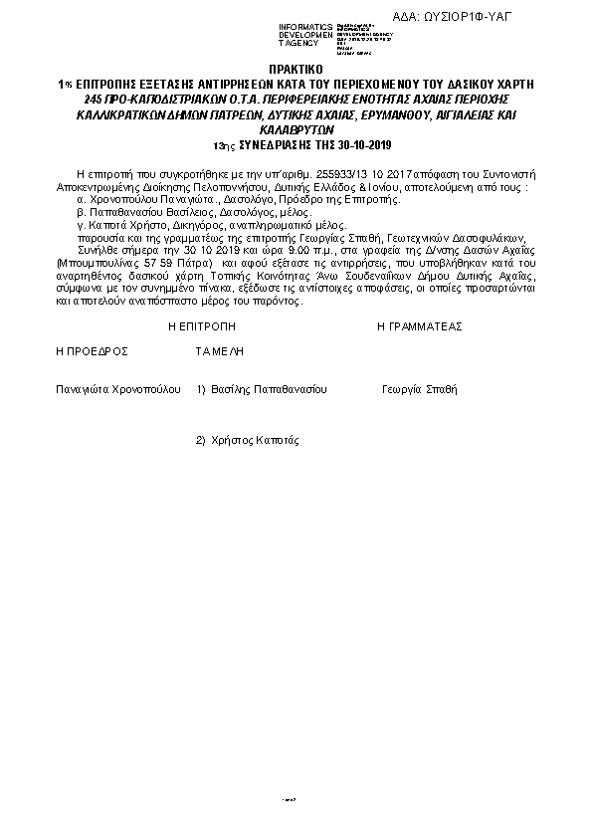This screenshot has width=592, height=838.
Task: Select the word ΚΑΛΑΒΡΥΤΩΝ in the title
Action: (296, 130)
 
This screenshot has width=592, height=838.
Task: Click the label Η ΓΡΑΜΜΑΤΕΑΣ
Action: (419, 326)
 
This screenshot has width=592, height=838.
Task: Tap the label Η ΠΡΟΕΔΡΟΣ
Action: (92, 351)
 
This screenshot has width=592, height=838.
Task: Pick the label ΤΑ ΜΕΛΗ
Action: (220, 351)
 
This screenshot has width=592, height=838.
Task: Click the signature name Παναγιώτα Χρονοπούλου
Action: (117, 389)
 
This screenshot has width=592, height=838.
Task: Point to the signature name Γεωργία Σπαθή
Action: (419, 389)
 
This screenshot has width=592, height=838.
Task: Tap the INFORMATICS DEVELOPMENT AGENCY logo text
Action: (305, 35)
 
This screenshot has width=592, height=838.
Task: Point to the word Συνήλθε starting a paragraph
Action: (95, 251)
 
